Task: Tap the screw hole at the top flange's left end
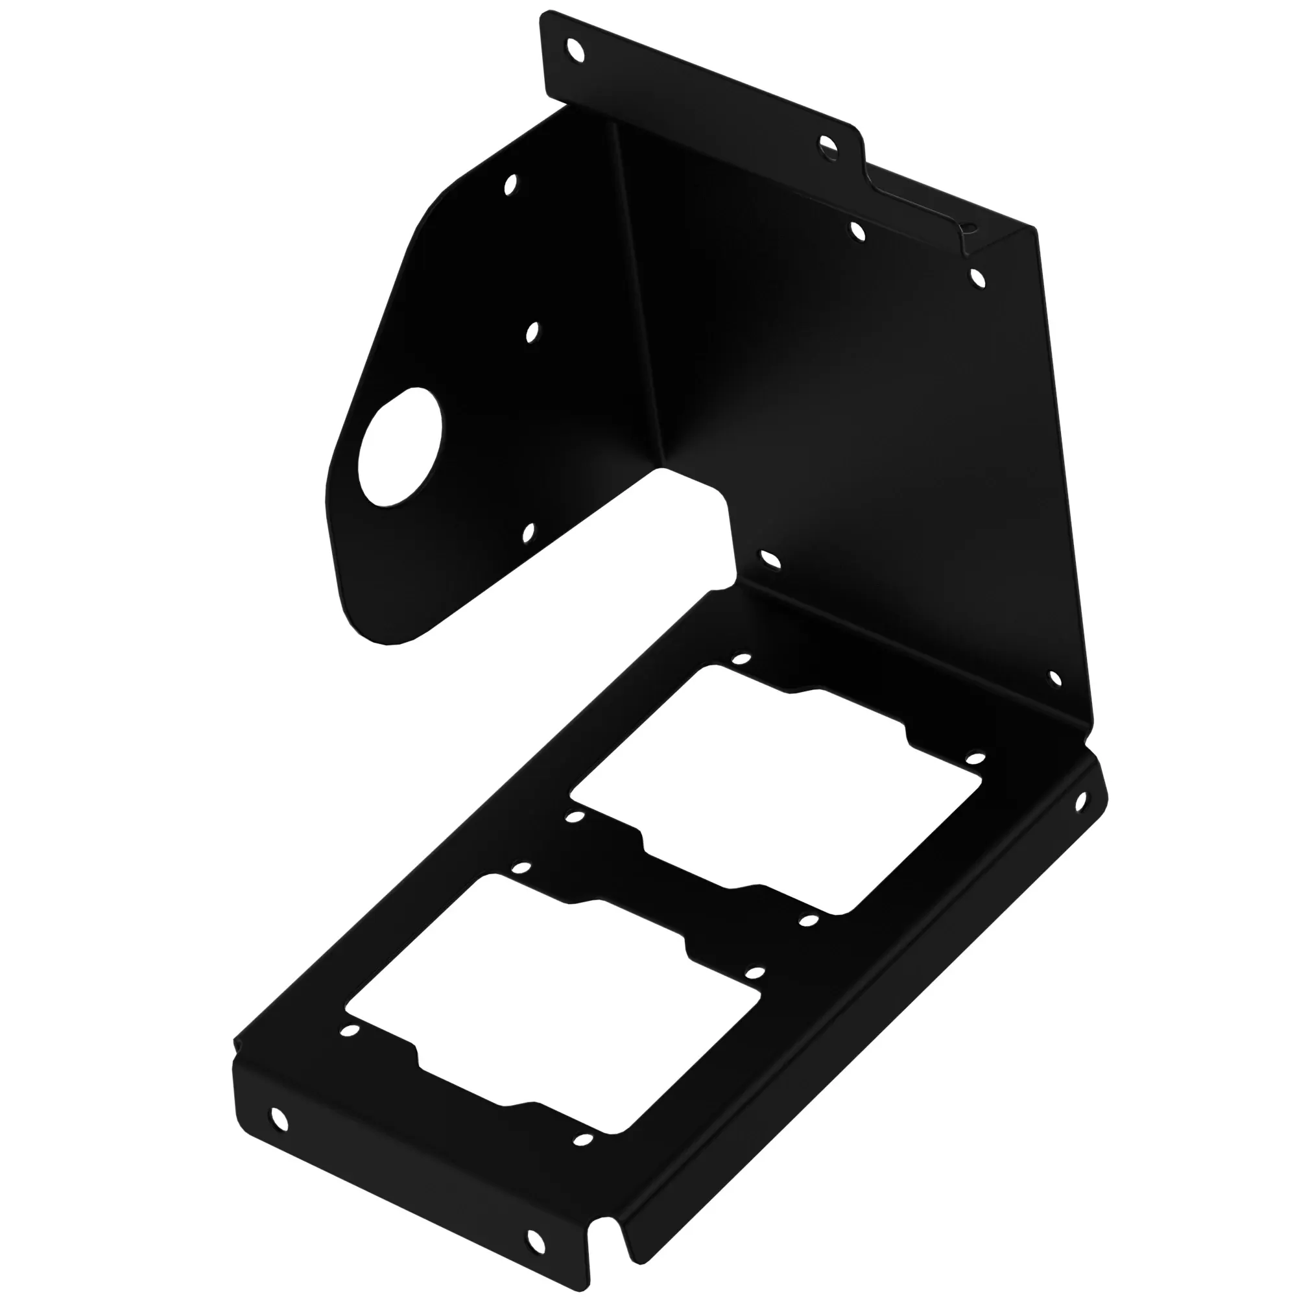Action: pyautogui.click(x=575, y=49)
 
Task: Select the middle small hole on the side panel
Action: pyautogui.click(x=533, y=331)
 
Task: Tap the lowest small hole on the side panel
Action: pyautogui.click(x=530, y=532)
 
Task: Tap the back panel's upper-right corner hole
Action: pyautogui.click(x=977, y=277)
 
